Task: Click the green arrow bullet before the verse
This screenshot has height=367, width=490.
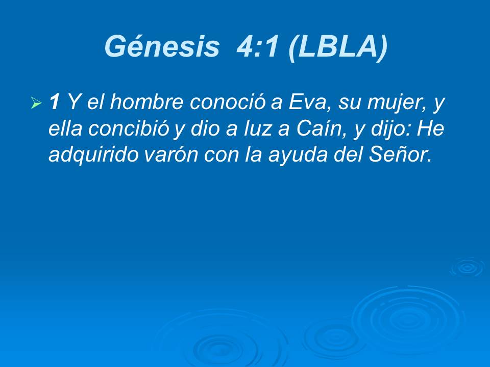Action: pyautogui.click(x=36, y=104)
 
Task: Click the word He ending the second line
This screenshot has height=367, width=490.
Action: pyautogui.click(x=431, y=129)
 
